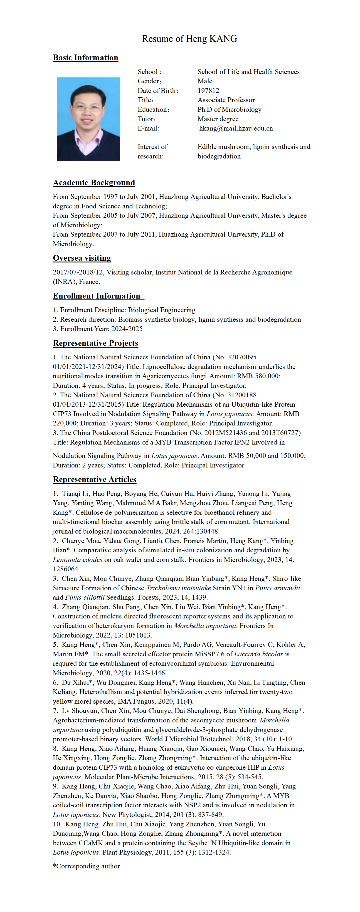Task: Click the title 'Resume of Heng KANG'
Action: pyautogui.click(x=189, y=39)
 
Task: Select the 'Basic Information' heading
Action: pyautogui.click(x=85, y=58)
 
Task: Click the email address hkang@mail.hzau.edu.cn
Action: pyautogui.click(x=236, y=129)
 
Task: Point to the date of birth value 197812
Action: pyautogui.click(x=208, y=91)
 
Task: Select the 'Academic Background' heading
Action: pyautogui.click(x=94, y=183)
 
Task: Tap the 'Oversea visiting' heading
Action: pyautogui.click(x=82, y=258)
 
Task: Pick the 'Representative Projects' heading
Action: pyautogui.click(x=95, y=343)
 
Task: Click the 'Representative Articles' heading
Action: pyautogui.click(x=94, y=479)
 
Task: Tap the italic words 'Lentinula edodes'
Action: pyautogui.click(x=78, y=560)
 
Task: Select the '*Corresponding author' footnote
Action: pyautogui.click(x=86, y=866)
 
